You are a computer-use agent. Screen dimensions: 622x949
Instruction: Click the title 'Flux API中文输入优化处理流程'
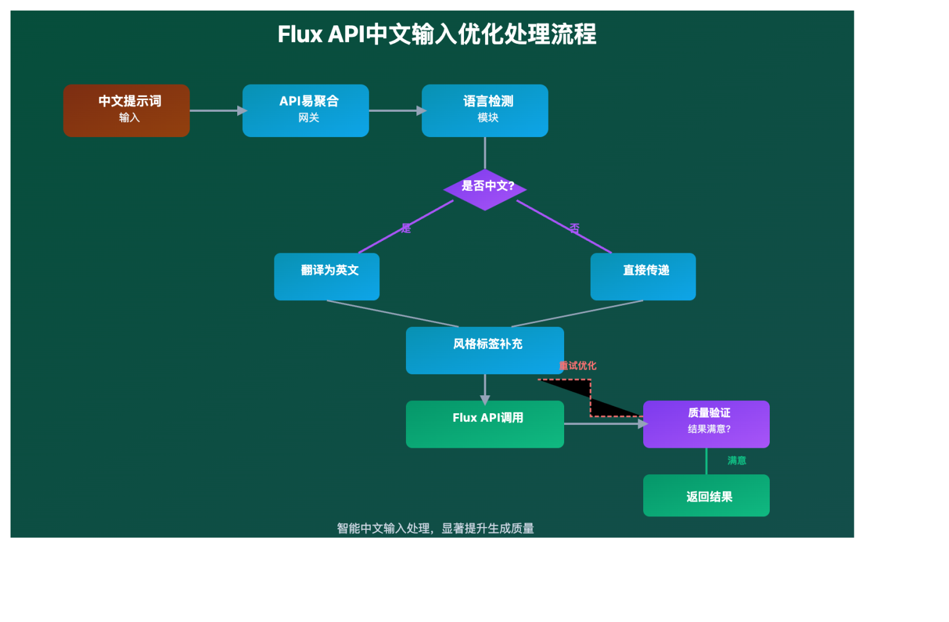[x=437, y=35]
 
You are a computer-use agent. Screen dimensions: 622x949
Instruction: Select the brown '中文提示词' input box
[x=126, y=111]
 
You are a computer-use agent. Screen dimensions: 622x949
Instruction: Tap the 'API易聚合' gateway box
[x=305, y=111]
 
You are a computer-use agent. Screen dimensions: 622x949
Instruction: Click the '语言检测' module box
[x=484, y=111]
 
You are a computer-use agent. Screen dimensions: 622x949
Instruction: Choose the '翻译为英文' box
[x=326, y=277]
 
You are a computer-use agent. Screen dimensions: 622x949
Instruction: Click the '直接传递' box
[x=643, y=277]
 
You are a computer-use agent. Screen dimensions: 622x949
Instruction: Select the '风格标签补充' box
[x=484, y=350]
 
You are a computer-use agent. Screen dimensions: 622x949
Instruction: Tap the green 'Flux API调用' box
[x=484, y=424]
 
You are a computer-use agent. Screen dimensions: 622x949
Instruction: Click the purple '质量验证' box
[x=706, y=424]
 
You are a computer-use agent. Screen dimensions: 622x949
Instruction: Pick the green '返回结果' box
[x=706, y=495]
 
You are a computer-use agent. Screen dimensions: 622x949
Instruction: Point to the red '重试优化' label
[x=578, y=366]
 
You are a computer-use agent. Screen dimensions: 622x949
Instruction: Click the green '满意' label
[x=736, y=461]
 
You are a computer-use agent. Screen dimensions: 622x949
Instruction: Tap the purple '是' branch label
[x=406, y=229]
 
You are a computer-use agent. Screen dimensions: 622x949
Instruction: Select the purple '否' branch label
[x=575, y=229]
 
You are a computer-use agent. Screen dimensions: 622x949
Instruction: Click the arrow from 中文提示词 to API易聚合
[x=216, y=111]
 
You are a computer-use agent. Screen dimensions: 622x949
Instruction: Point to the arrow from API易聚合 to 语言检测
[x=395, y=111]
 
